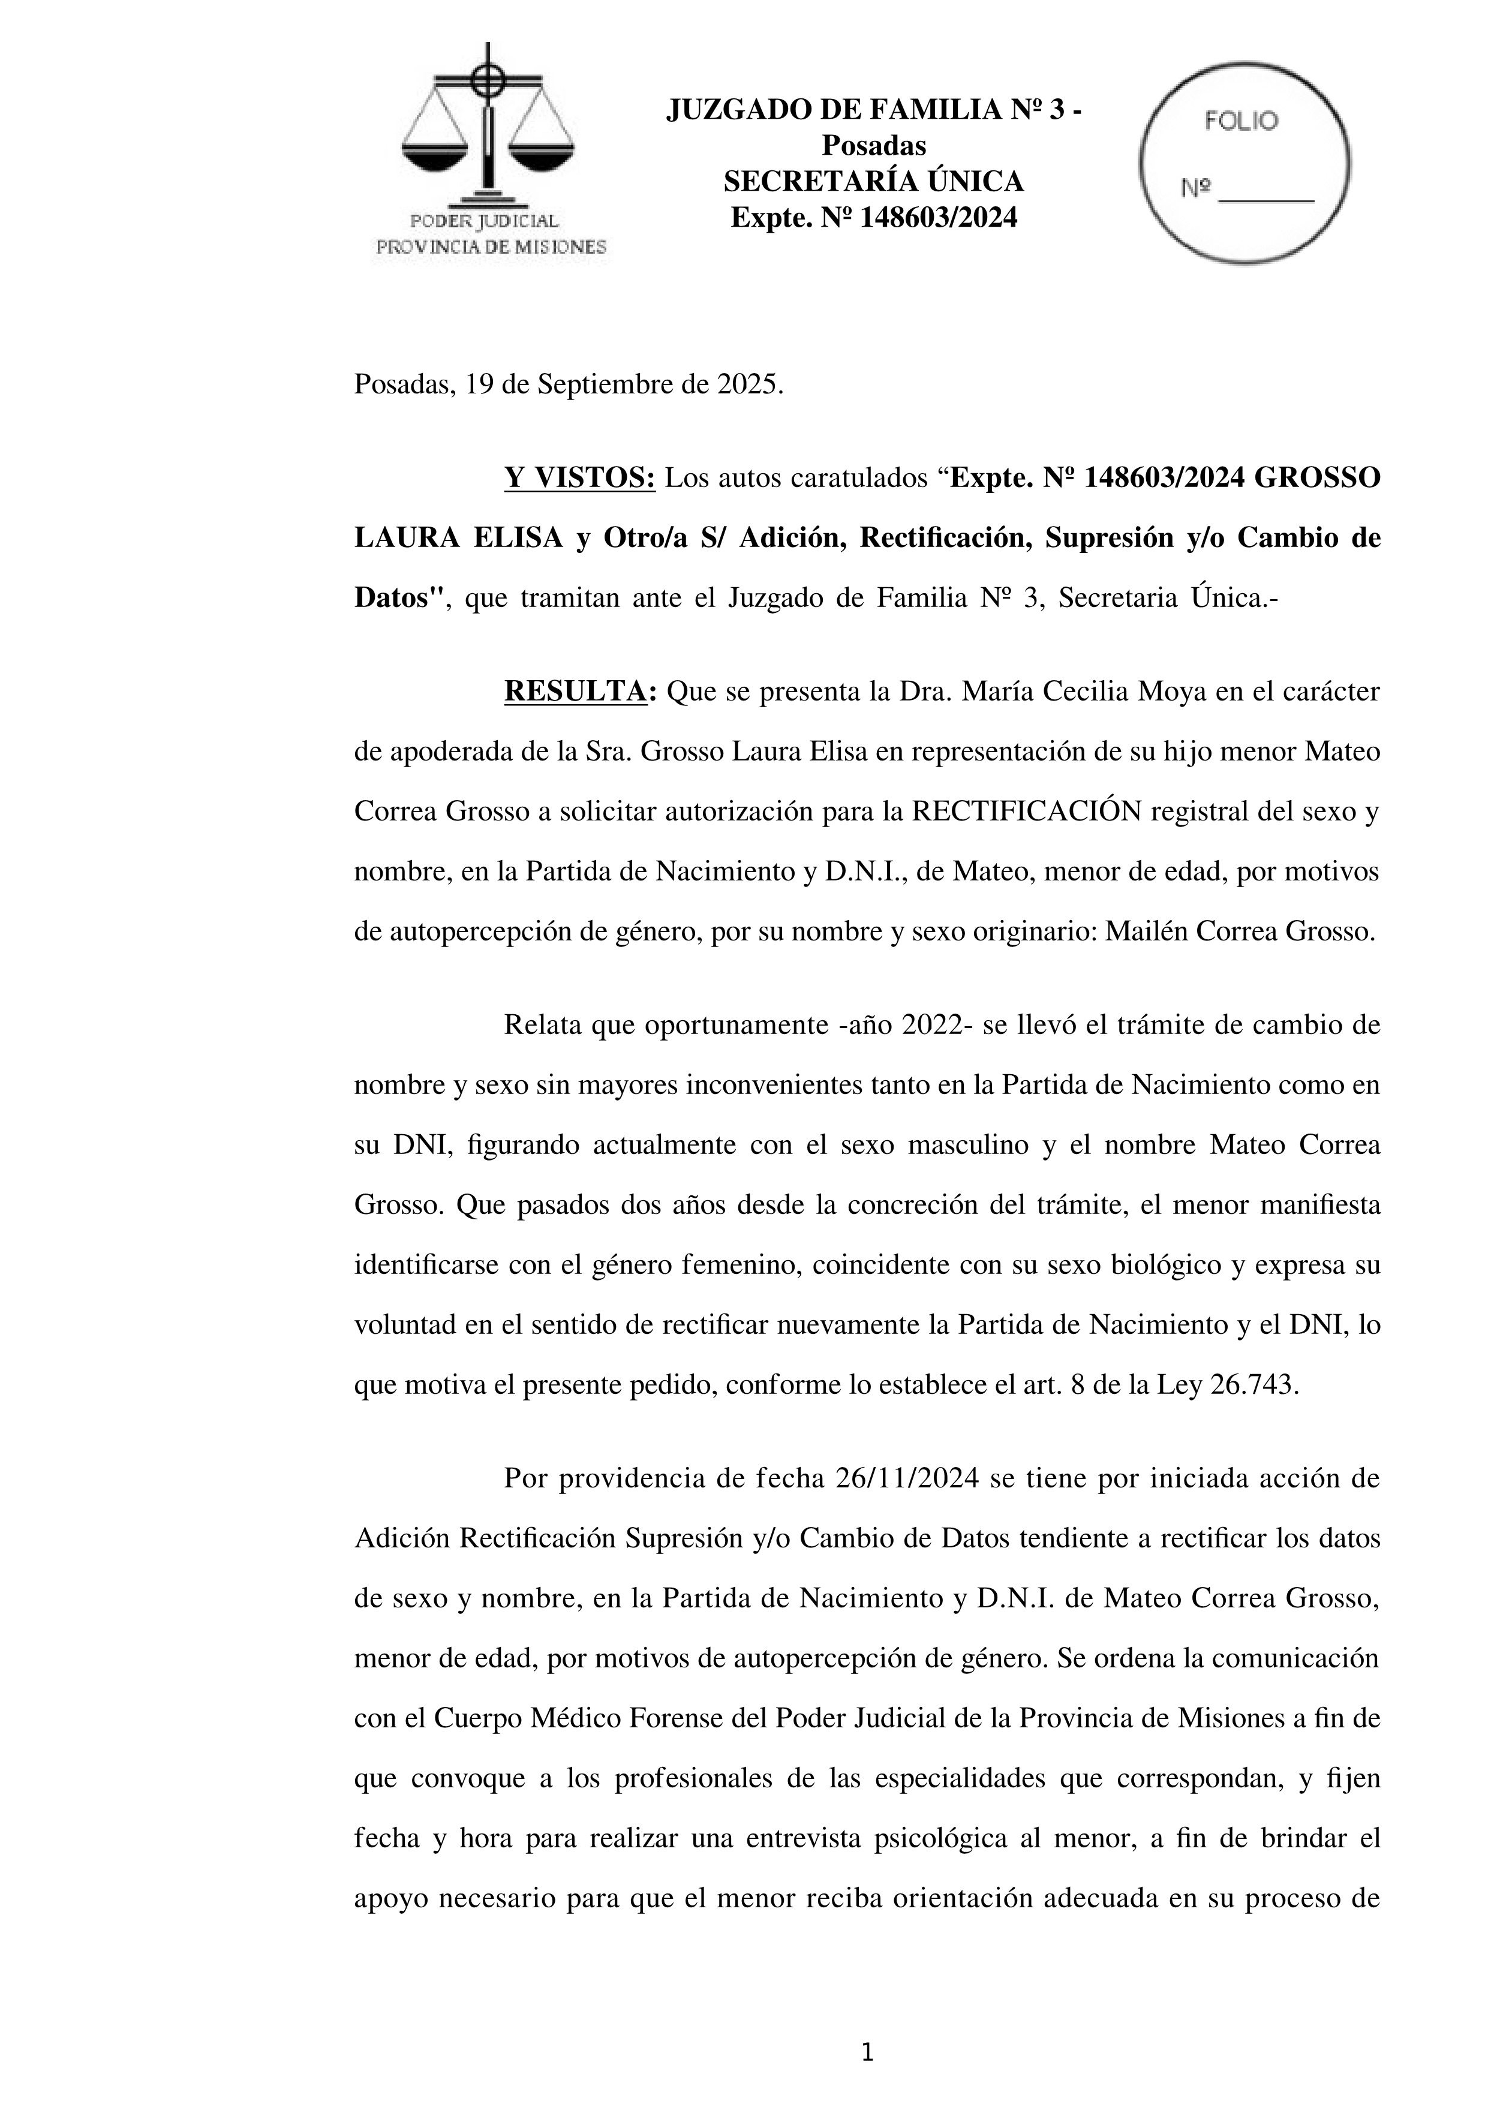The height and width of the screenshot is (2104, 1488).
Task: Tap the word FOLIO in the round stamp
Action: pos(1241,121)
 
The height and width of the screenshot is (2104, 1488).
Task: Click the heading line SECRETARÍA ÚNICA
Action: pos(873,182)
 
